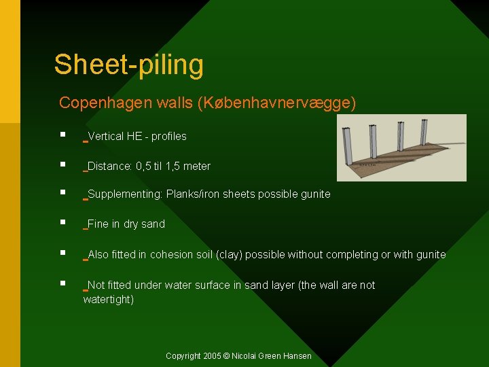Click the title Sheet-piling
pyautogui.click(x=129, y=65)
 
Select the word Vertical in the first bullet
pyautogui.click(x=106, y=137)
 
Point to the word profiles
pyautogui.click(x=168, y=137)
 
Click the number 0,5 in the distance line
pyautogui.click(x=144, y=167)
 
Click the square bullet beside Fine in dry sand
pyautogui.click(x=62, y=222)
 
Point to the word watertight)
pyautogui.click(x=109, y=300)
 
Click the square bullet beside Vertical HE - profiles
pyautogui.click(x=62, y=135)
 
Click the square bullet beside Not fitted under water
pyautogui.click(x=62, y=283)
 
